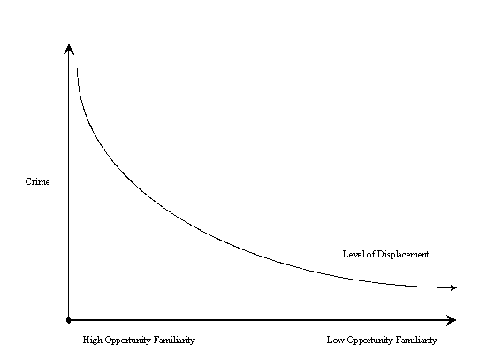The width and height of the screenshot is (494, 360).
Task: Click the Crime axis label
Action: point(37,182)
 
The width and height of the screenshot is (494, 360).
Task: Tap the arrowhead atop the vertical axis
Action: point(69,50)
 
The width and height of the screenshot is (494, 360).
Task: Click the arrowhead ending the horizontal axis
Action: point(452,320)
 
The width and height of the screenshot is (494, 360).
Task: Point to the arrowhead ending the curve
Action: point(453,287)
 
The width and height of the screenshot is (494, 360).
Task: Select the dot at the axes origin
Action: point(69,320)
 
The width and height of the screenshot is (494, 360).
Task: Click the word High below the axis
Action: point(93,341)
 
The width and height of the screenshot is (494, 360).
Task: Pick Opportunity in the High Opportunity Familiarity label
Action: point(128,341)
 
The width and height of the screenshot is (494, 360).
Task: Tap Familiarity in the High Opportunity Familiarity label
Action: point(175,341)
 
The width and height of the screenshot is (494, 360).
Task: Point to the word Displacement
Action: point(403,255)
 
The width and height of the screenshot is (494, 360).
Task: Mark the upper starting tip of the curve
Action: point(78,68)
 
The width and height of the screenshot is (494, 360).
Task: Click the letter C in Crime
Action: point(28,182)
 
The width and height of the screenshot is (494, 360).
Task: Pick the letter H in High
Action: point(87,341)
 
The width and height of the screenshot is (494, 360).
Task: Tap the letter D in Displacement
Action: point(380,254)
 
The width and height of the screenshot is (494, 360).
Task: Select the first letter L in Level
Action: point(346,254)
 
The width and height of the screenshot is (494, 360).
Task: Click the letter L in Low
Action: point(330,341)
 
